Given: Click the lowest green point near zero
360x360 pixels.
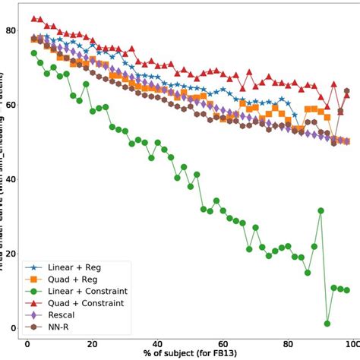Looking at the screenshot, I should click(x=327, y=324).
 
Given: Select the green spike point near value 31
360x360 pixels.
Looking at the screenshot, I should click(x=321, y=210).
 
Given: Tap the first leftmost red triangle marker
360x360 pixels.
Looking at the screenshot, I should click(x=34, y=18).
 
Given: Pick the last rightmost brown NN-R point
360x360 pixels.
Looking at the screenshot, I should click(x=347, y=91).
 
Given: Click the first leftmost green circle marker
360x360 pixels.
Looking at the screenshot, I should click(x=34, y=53).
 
